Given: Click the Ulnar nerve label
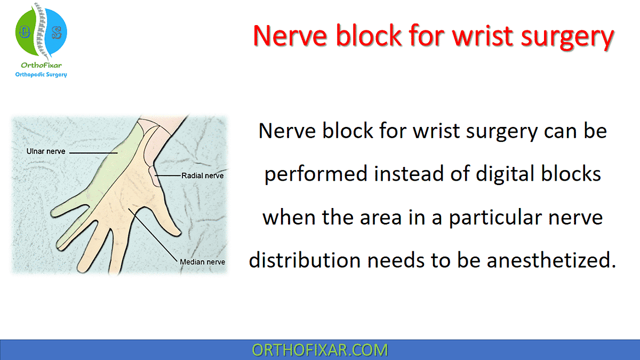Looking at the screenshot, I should click(46, 152).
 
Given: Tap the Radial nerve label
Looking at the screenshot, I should click(202, 175).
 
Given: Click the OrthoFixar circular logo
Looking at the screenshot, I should click(42, 33).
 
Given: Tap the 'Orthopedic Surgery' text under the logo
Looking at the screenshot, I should click(42, 75).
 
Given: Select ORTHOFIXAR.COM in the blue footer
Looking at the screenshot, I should click(320, 350).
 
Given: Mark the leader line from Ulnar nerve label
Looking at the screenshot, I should click(93, 153).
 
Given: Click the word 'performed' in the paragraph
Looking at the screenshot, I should click(314, 174).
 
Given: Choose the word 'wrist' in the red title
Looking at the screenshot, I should click(468, 36).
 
